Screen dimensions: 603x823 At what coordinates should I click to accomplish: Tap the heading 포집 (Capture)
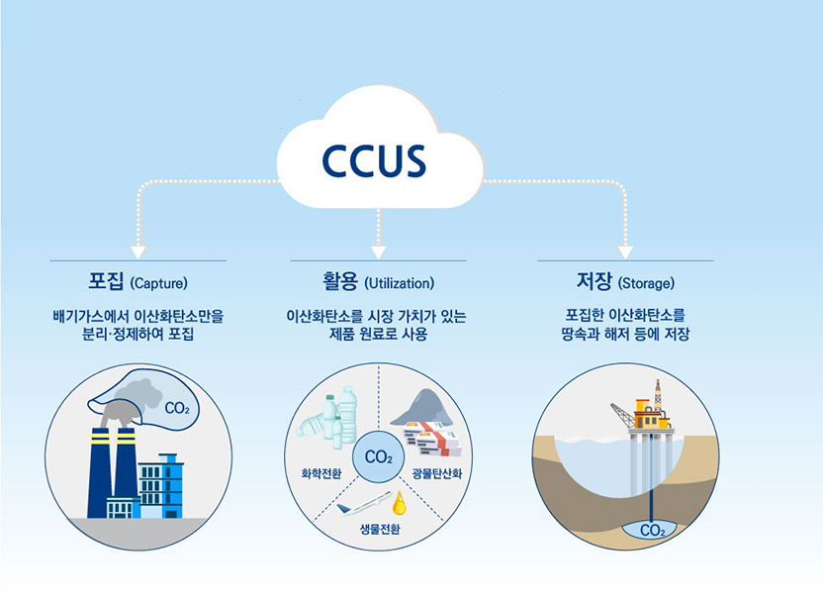click(x=137, y=281)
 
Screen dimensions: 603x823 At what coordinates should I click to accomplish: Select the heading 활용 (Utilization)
click(x=378, y=281)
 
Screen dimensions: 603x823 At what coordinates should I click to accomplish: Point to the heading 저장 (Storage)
click(x=624, y=281)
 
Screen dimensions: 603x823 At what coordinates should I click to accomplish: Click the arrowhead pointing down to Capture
click(x=138, y=251)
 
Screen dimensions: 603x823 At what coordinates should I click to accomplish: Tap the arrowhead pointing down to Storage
click(x=624, y=251)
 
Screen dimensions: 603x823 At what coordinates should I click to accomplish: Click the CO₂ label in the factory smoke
click(x=177, y=408)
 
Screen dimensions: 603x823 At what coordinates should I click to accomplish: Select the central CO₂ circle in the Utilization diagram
click(x=378, y=456)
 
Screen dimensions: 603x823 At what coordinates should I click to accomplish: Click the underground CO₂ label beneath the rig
click(x=652, y=531)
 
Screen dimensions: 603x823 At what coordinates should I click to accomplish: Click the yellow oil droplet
click(x=400, y=501)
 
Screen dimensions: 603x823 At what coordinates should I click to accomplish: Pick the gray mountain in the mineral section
click(x=422, y=406)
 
